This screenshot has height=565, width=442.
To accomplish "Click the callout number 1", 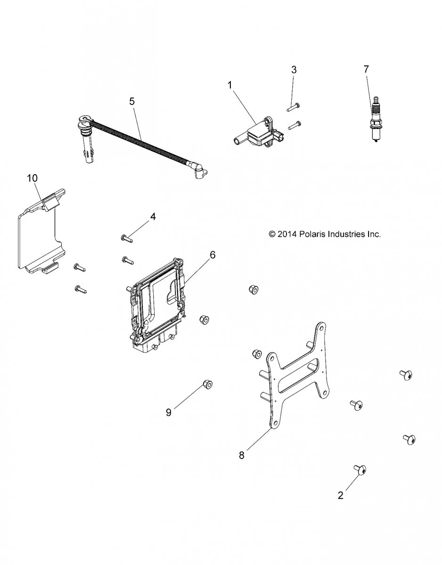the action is click(229, 85).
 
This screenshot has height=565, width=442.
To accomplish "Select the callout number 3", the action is click(294, 70).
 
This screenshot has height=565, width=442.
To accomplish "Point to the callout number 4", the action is click(153, 216).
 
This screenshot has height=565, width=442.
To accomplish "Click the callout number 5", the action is click(132, 101).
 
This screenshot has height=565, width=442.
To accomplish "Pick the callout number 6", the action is click(213, 255).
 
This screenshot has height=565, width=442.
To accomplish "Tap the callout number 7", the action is click(366, 69).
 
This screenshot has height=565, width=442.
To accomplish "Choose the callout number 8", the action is click(242, 455).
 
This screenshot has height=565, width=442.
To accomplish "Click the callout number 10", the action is click(32, 178).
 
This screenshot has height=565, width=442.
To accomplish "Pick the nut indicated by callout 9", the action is click(207, 385).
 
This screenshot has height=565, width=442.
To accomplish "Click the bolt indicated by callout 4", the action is click(127, 238).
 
